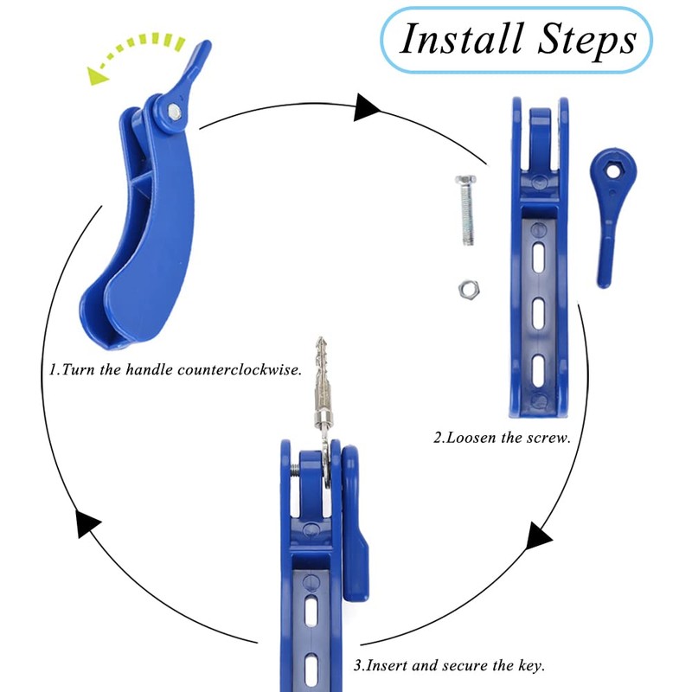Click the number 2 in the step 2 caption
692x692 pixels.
coord(438,438)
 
